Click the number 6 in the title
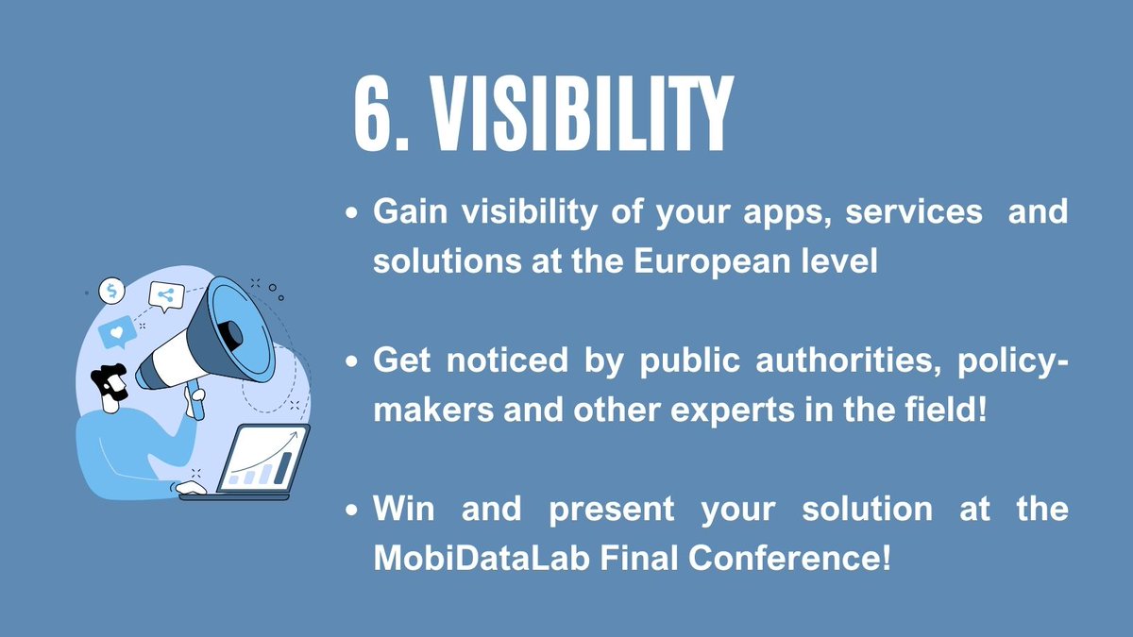tap(377, 116)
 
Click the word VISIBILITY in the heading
tap(578, 116)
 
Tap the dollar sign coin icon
tap(112, 291)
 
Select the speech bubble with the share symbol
tap(166, 295)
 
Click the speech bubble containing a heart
tap(117, 333)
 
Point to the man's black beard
tap(111, 388)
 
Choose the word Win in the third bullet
tap(400, 511)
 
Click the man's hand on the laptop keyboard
tap(191, 488)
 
